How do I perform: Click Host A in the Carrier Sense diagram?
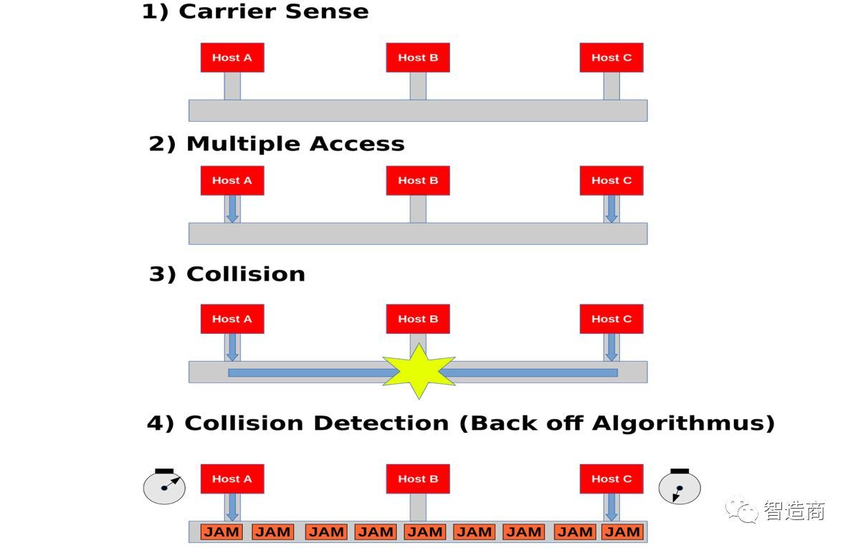tap(232, 57)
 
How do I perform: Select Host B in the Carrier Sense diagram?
tap(418, 57)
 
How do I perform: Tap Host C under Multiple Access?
tap(611, 181)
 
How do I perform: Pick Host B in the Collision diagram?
tap(418, 319)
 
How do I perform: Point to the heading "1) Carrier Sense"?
tap(255, 12)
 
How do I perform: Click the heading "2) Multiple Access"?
tap(277, 144)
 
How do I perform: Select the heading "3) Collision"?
tap(227, 274)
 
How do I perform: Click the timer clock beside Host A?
tap(164, 486)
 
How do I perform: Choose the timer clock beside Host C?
tap(680, 487)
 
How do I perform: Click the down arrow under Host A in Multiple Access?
tap(232, 208)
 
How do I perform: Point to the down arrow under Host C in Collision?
tap(611, 347)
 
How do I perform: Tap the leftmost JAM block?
tap(222, 532)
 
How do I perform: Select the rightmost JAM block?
tap(622, 532)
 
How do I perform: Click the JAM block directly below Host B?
tap(425, 532)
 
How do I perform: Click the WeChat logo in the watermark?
tap(742, 510)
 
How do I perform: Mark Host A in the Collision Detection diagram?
tap(232, 479)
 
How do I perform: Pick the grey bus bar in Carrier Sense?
tap(418, 110)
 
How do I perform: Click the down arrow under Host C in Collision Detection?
tap(611, 507)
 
